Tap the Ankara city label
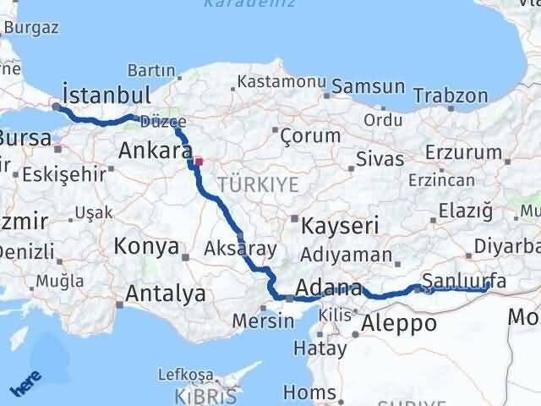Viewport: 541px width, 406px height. (x=155, y=151)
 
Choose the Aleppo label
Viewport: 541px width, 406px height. (x=399, y=323)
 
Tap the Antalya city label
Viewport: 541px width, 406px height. (x=166, y=294)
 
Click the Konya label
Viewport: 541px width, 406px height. (x=146, y=247)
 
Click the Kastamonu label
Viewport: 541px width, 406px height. (x=281, y=82)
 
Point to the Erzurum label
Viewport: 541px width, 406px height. (x=463, y=151)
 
